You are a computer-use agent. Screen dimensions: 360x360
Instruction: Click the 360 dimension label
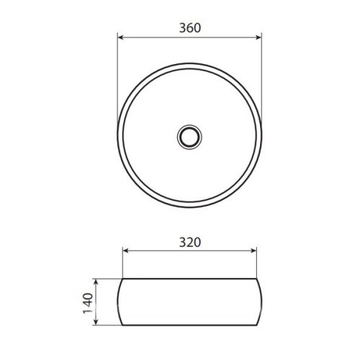click(x=190, y=28)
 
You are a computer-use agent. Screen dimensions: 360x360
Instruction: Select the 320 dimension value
click(x=190, y=243)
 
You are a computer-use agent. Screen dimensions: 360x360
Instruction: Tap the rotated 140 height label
click(x=88, y=303)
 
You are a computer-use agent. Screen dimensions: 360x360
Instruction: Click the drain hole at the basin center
click(x=189, y=137)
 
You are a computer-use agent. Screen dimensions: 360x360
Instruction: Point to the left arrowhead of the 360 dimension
click(x=121, y=37)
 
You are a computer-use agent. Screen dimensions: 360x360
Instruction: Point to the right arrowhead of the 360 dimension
click(x=258, y=37)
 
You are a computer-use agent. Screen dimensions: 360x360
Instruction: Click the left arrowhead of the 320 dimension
click(x=127, y=251)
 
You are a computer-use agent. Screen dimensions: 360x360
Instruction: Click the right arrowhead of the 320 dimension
click(x=253, y=251)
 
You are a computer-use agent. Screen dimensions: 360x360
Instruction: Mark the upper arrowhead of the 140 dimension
click(x=96, y=283)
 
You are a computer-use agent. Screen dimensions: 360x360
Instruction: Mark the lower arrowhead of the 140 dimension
click(x=96, y=322)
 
